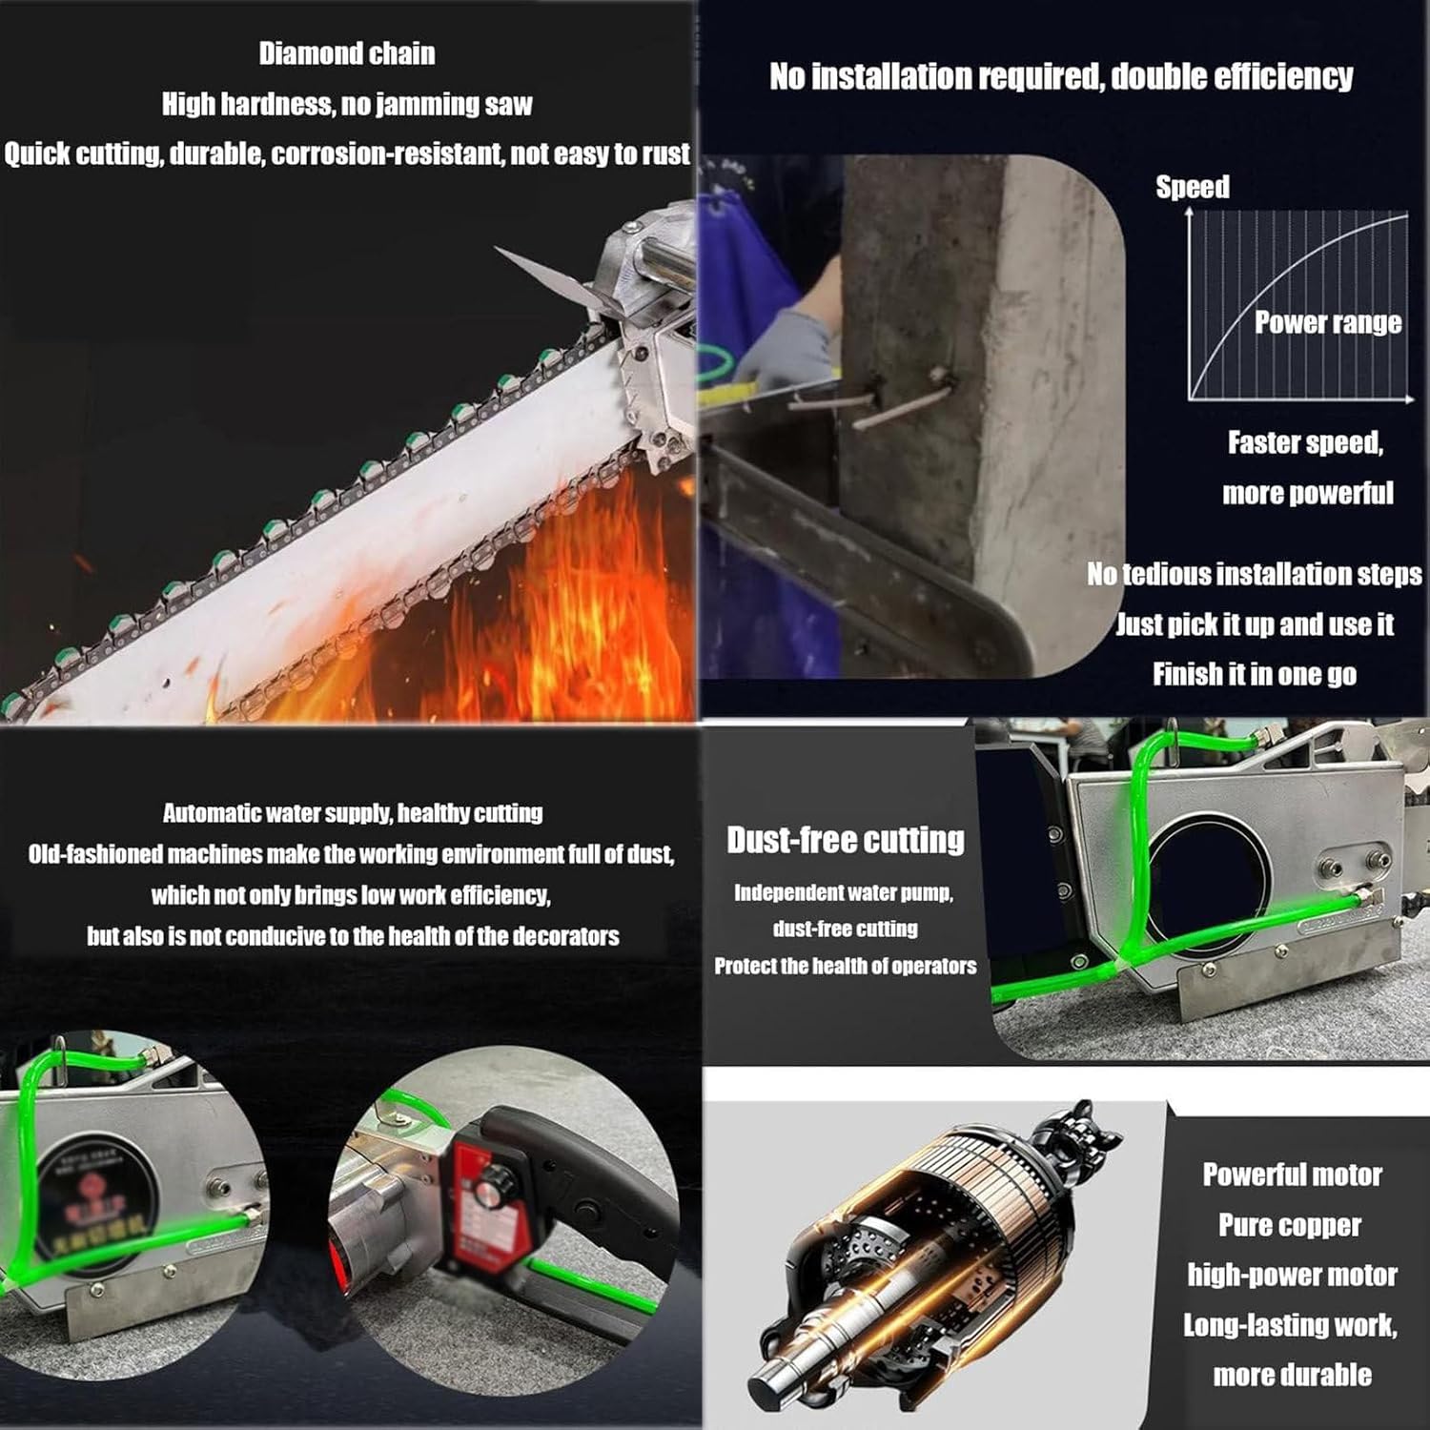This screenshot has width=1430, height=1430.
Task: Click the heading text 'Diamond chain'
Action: click(x=347, y=53)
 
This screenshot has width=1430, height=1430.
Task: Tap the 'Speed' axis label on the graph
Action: click(x=1193, y=187)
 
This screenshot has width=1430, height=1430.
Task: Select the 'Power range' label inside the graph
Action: click(x=1327, y=323)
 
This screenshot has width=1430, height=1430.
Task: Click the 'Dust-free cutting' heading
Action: click(x=846, y=840)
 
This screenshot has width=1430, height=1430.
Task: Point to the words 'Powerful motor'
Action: click(x=1292, y=1175)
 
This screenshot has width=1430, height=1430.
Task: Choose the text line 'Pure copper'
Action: click(x=1290, y=1225)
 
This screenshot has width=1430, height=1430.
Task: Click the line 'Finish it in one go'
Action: click(x=1254, y=675)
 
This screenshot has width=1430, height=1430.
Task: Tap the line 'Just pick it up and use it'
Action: click(x=1255, y=624)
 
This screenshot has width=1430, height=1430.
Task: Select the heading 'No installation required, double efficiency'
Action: click(x=1061, y=76)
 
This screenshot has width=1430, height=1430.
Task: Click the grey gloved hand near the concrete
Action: click(x=786, y=348)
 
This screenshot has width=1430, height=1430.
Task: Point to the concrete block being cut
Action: click(x=982, y=381)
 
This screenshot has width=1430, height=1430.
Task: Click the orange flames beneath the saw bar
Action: click(x=534, y=610)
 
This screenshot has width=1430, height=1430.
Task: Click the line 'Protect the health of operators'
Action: click(x=846, y=966)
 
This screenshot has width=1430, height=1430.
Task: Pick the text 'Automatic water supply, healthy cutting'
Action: click(x=353, y=813)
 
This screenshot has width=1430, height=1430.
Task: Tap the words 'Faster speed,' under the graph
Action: click(x=1304, y=443)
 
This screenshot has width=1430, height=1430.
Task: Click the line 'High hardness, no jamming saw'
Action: click(x=347, y=104)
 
